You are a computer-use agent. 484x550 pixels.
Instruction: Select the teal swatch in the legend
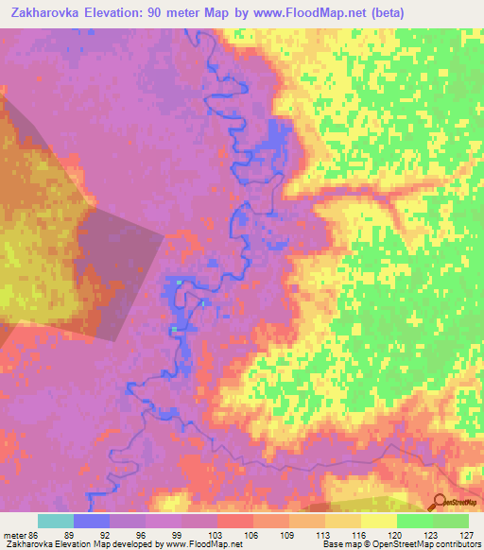(x=56, y=521)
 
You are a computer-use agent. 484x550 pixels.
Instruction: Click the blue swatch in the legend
(x=92, y=521)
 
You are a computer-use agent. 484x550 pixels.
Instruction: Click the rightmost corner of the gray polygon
(x=164, y=235)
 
